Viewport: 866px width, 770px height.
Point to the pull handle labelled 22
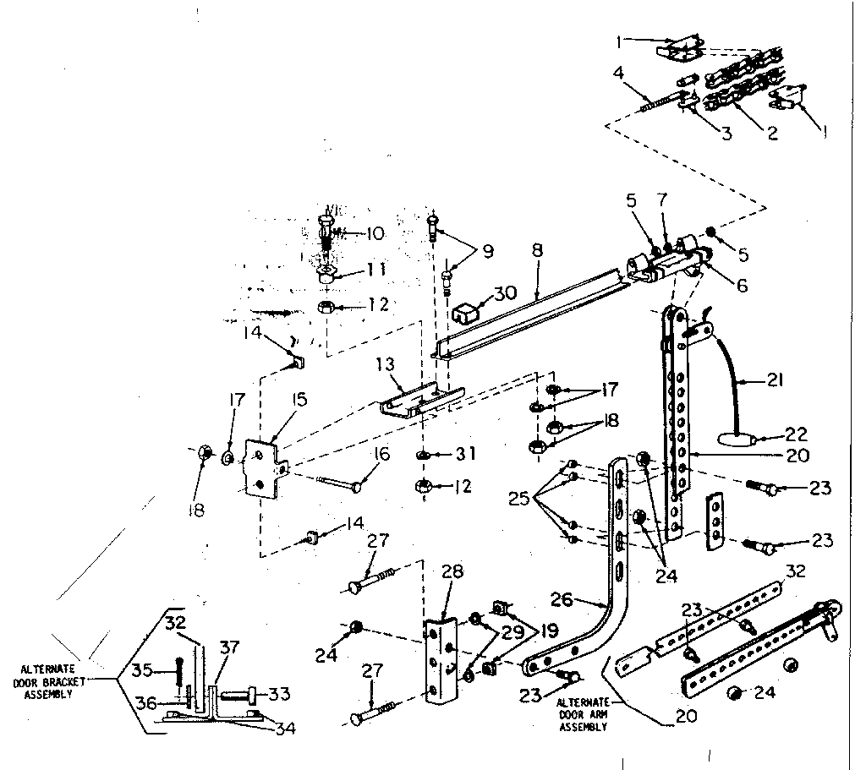732,440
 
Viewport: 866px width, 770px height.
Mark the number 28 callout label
452,573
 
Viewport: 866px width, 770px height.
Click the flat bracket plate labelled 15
264,467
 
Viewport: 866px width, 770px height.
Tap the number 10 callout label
373,234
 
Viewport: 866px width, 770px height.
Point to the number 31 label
464,455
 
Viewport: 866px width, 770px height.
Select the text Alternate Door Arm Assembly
582,714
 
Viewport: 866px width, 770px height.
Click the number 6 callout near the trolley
742,286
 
